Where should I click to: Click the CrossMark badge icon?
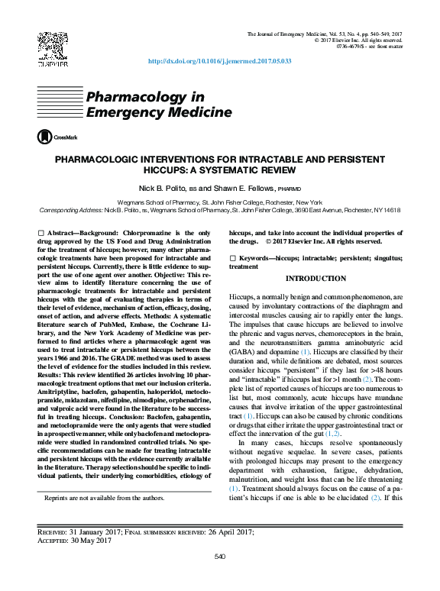coord(58,137)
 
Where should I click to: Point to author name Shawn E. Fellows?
coord(244,188)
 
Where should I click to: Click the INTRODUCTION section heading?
coord(315,279)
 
